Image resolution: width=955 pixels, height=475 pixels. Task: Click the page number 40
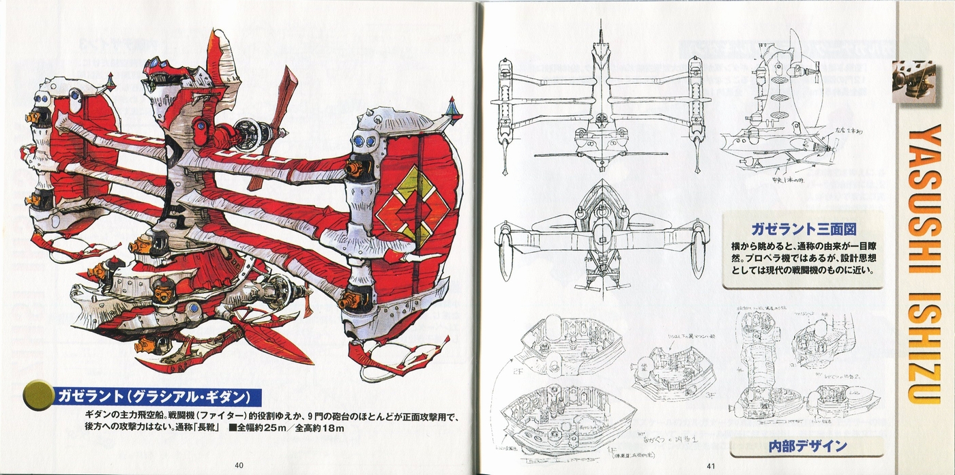[239, 465]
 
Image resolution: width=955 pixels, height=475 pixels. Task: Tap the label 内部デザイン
[807, 447]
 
